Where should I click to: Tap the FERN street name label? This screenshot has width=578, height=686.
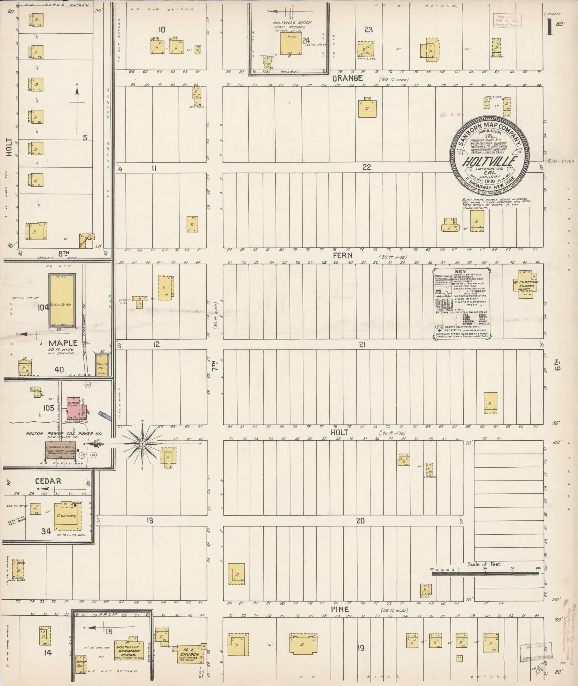pos(343,256)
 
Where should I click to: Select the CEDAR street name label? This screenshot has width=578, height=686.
pos(48,481)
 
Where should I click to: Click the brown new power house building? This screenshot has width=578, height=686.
pos(61,450)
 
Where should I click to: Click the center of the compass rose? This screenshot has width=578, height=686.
pos(142,444)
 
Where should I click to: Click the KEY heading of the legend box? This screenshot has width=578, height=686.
pos(460,272)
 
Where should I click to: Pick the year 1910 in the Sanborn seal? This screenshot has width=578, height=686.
pos(490,182)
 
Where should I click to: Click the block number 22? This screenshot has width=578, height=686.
pos(366,167)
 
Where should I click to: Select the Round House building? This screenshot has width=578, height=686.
pos(102,364)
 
